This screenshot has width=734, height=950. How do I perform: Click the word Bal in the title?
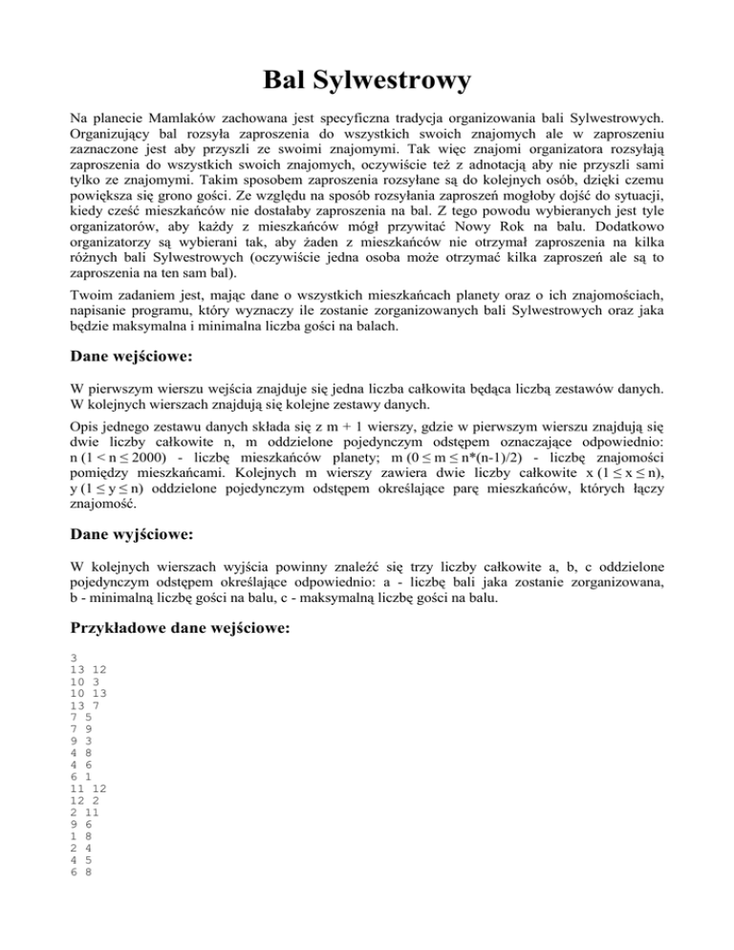point(287,79)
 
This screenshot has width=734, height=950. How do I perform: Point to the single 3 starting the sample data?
point(75,659)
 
